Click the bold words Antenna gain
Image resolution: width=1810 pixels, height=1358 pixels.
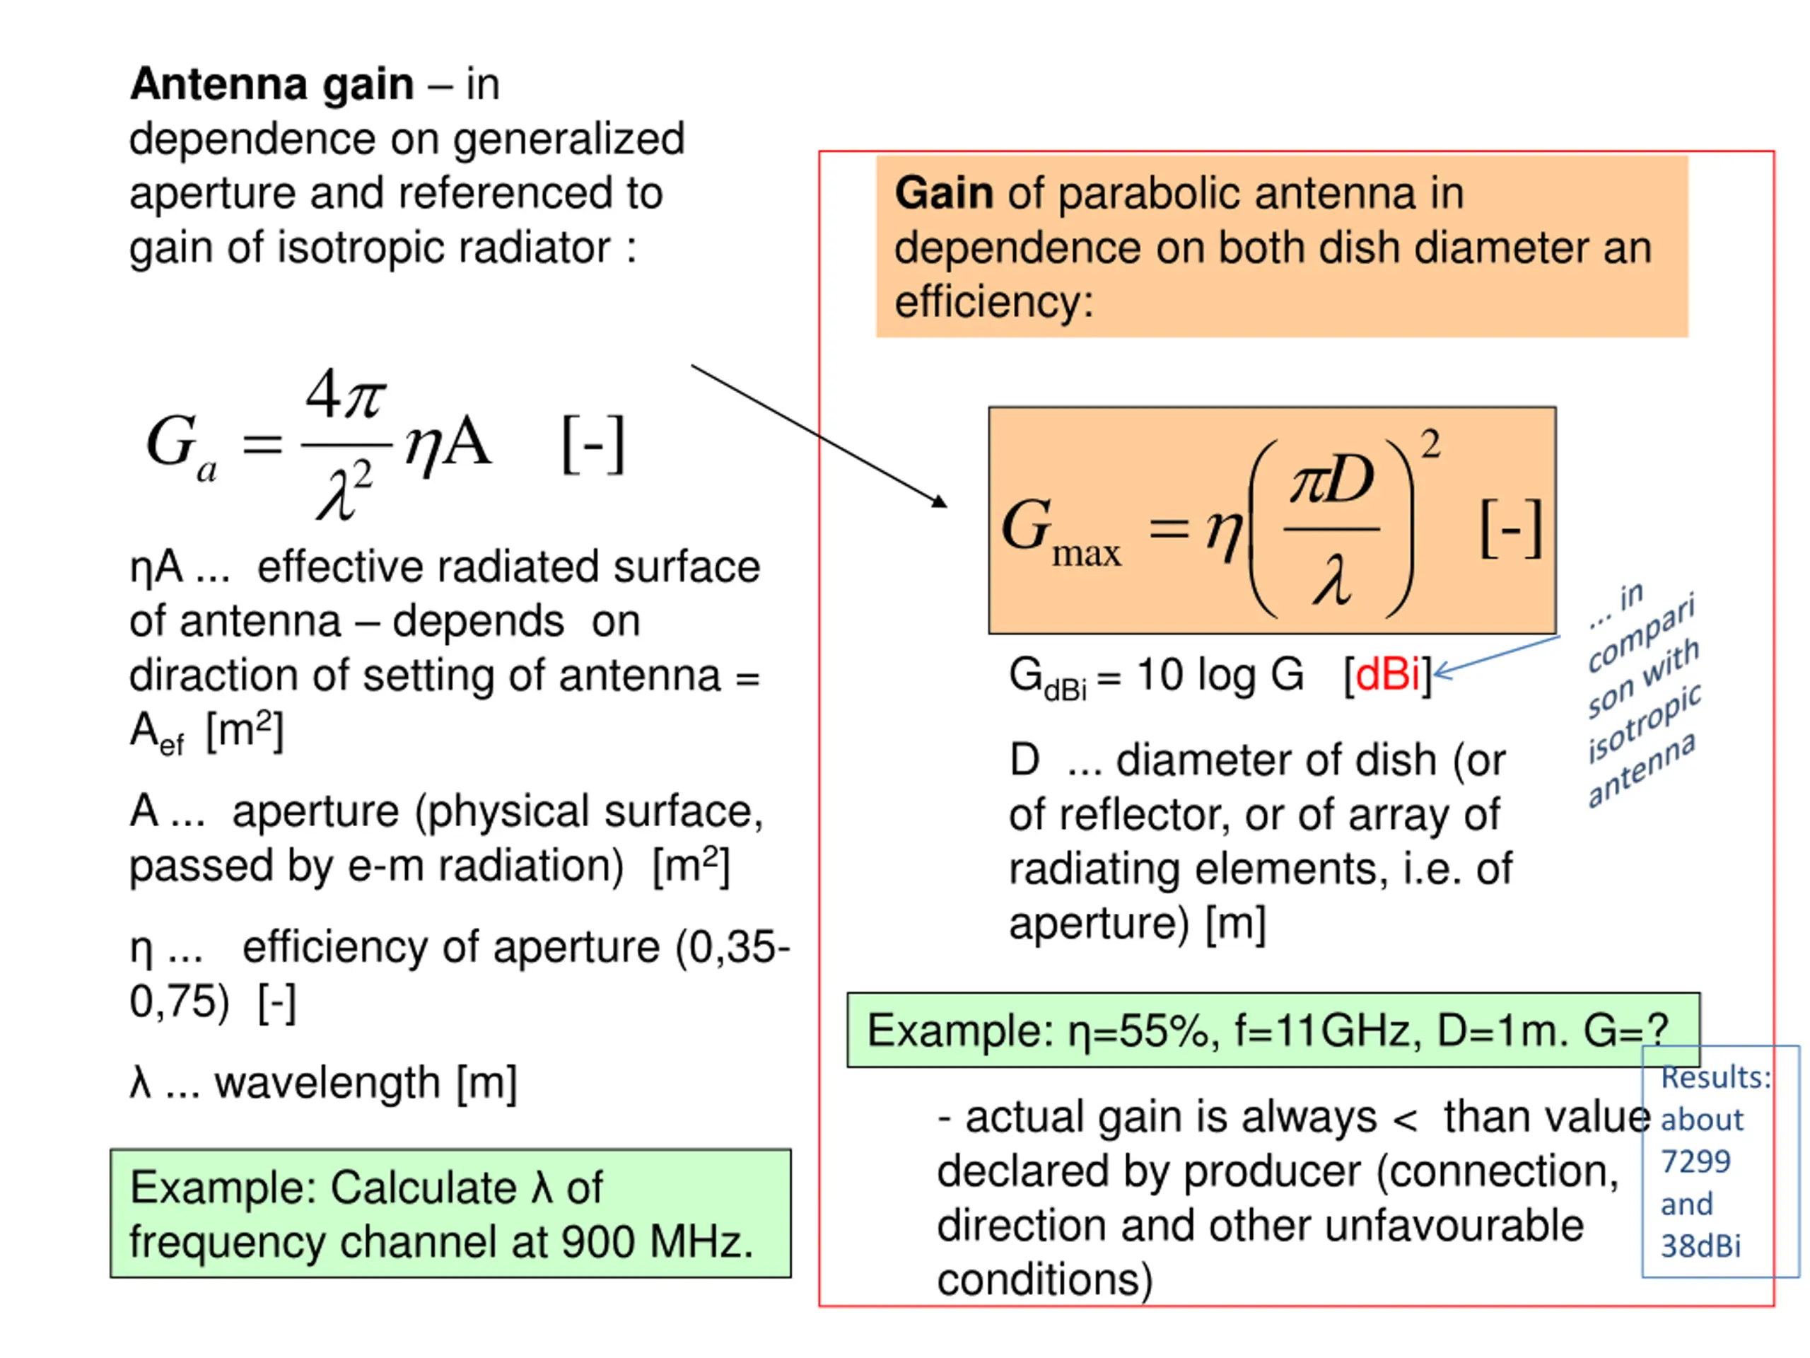tap(271, 84)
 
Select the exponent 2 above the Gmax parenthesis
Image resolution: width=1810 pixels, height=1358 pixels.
tap(1430, 444)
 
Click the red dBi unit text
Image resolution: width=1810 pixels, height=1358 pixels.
tap(1387, 675)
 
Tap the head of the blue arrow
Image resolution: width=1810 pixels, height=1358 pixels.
tap(1435, 673)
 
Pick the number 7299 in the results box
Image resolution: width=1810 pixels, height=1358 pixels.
tap(1695, 1161)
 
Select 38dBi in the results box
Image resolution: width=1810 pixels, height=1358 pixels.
tap(1700, 1246)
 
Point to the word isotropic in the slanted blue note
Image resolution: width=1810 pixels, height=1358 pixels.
tap(1643, 723)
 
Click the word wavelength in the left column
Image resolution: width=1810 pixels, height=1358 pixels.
tap(327, 1083)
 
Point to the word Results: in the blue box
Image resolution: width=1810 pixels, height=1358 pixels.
tap(1716, 1077)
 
